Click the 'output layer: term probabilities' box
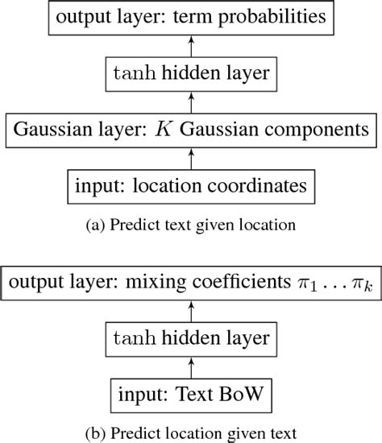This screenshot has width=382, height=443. coord(191,17)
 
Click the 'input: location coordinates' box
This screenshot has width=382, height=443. coord(191,187)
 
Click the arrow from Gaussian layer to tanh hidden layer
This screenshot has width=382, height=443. coord(191,102)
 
